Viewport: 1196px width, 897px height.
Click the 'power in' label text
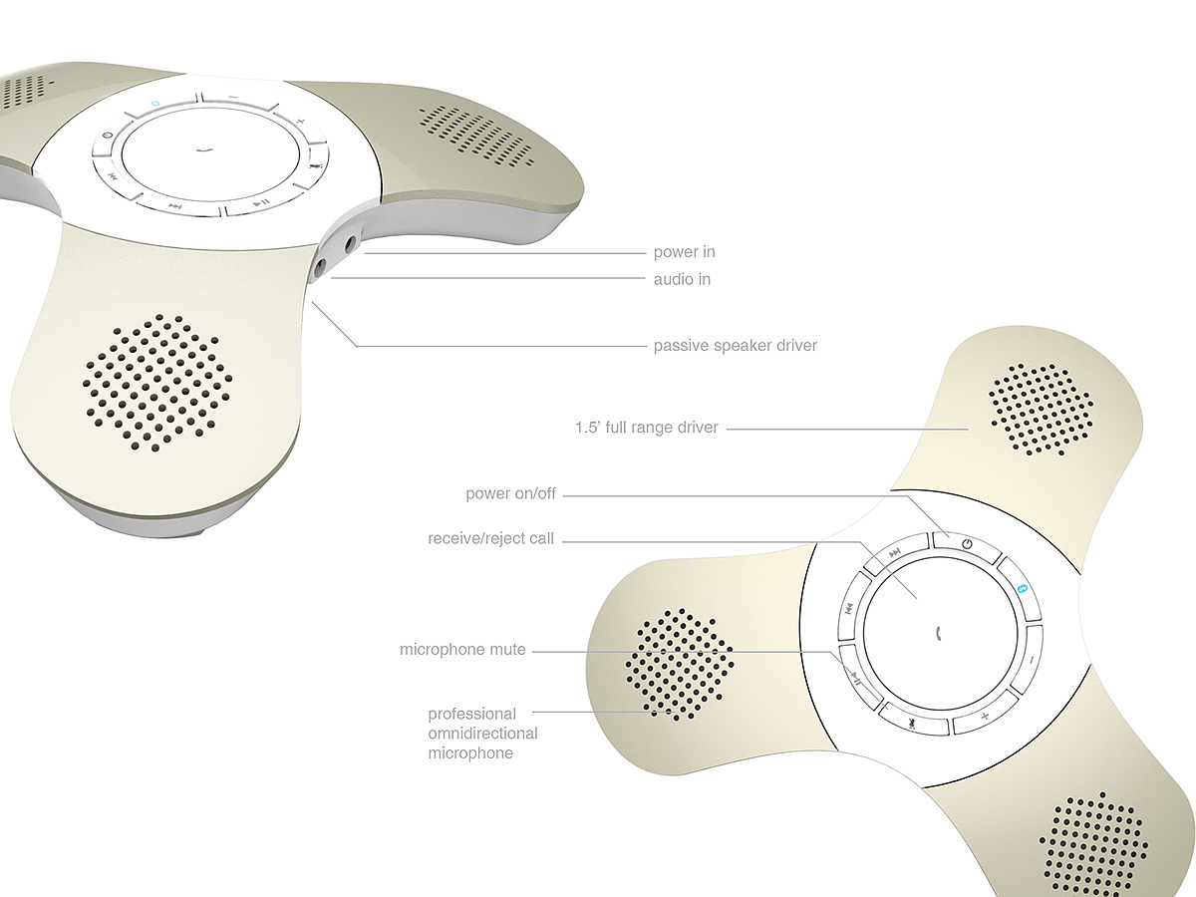pyautogui.click(x=684, y=252)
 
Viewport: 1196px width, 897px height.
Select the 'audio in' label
pyautogui.click(x=682, y=279)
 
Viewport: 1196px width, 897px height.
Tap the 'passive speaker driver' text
pyautogui.click(x=735, y=346)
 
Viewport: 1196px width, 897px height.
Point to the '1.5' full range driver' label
pyautogui.click(x=646, y=428)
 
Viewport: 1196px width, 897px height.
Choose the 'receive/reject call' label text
pyautogui.click(x=490, y=539)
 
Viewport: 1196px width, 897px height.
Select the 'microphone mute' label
pyautogui.click(x=461, y=650)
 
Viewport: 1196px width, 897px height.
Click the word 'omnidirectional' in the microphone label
pyautogui.click(x=482, y=734)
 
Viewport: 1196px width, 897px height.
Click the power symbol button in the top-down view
pyautogui.click(x=966, y=543)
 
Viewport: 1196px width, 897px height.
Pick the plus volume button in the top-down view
pyautogui.click(x=985, y=718)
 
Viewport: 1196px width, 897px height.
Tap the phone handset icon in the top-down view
pyautogui.click(x=939, y=632)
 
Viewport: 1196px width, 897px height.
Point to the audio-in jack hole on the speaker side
pyautogui.click(x=323, y=266)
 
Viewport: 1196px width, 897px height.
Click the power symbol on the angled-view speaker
pyautogui.click(x=107, y=139)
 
